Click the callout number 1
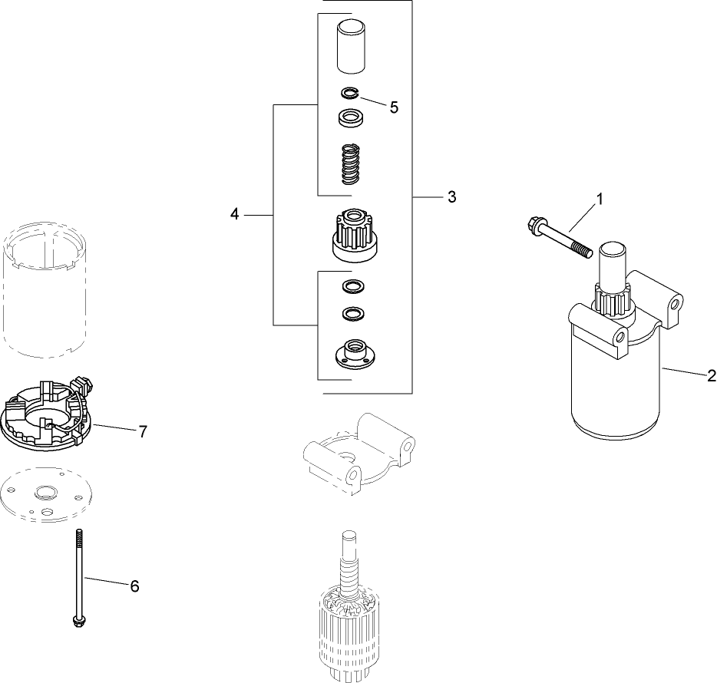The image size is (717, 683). click(600, 198)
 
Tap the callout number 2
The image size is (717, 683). click(711, 376)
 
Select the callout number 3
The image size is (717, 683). click(452, 197)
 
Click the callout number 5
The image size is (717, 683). click(394, 107)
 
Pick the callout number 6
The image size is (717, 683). click(134, 586)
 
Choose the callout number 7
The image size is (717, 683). click(142, 431)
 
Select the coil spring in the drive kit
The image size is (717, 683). click(350, 164)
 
